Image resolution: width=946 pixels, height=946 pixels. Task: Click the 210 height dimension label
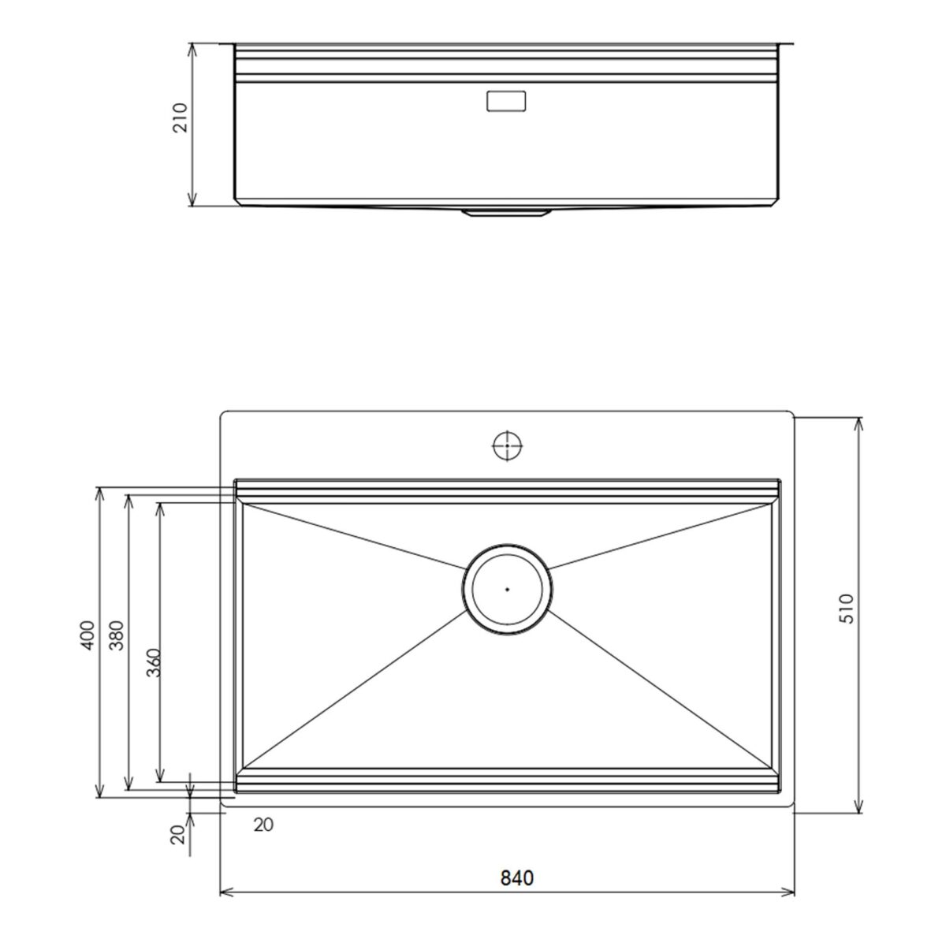181,117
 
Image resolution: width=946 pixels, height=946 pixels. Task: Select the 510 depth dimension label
847,609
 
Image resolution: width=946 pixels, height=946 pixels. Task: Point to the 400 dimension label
87,635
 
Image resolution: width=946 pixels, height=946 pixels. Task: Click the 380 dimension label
117,635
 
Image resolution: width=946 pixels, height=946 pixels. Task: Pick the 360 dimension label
154,663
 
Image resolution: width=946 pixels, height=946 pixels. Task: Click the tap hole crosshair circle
507,445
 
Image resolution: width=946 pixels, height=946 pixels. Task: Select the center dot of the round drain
507,589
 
